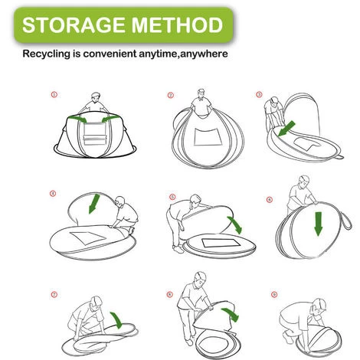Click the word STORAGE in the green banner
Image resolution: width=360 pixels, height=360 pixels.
(74, 25)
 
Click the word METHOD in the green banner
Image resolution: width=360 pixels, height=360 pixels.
(177, 25)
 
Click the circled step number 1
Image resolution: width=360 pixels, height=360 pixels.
(54, 94)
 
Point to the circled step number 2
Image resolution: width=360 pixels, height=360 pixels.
(171, 95)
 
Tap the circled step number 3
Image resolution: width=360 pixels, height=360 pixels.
(259, 94)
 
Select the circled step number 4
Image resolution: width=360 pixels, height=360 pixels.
(53, 194)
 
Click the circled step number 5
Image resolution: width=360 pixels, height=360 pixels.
(172, 197)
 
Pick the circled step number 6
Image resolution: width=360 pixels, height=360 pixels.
(270, 199)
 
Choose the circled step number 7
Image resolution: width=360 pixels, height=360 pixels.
(54, 295)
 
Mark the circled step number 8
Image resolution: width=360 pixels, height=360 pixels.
(169, 294)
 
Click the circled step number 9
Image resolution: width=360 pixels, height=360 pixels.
(274, 294)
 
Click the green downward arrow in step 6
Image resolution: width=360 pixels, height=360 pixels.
(318, 224)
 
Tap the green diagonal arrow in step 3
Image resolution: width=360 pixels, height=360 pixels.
(286, 129)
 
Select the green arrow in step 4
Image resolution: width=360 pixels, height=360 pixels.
(94, 204)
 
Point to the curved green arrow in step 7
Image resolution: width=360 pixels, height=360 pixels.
(117, 319)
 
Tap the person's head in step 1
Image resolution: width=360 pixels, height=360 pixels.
(96, 97)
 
